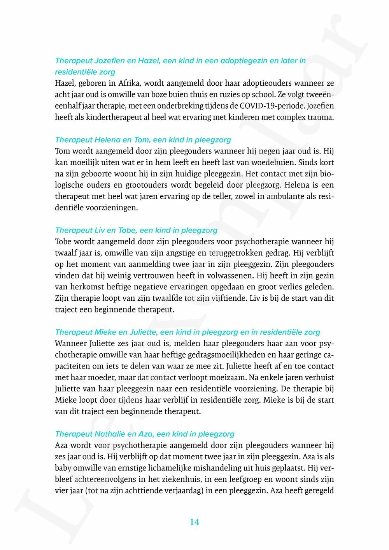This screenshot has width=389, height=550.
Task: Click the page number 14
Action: point(194,522)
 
